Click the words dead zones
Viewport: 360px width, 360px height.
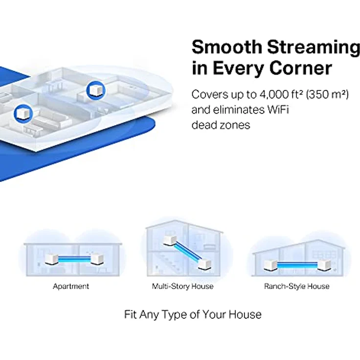point(221,125)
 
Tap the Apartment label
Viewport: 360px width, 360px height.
point(71,286)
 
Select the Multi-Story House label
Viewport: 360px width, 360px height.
point(183,286)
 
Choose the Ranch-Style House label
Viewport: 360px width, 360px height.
point(296,286)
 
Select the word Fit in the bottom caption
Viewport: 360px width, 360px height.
point(130,314)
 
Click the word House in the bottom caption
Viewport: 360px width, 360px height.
point(246,314)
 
